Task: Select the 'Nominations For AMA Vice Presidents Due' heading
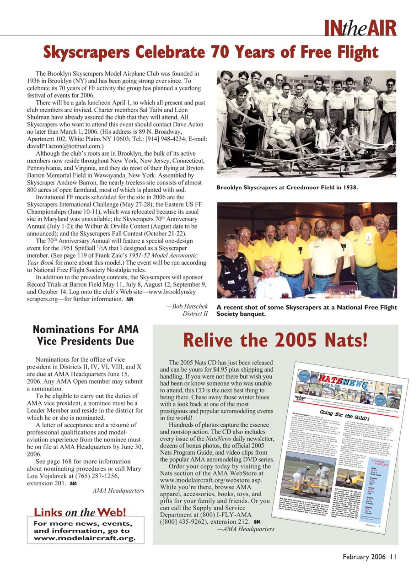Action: tap(86, 335)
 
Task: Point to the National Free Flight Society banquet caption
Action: tap(306, 310)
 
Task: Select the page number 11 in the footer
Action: tap(394, 557)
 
